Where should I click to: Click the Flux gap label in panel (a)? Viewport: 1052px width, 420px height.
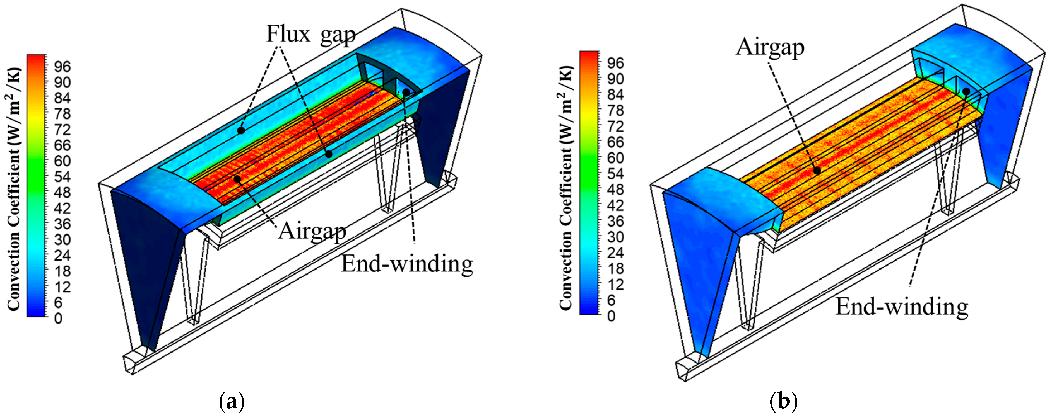coord(311,35)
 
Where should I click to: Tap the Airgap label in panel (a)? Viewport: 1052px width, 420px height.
coord(312,231)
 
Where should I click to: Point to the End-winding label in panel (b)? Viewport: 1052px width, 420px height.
coord(902,307)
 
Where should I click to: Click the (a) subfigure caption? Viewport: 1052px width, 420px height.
coord(232,401)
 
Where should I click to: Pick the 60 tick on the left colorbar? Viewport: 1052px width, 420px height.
coord(62,161)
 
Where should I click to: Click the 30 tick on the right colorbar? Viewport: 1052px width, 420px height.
coord(615,237)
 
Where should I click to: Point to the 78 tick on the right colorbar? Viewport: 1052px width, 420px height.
coord(615,110)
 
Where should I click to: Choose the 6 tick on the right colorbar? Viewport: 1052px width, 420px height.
coord(611,300)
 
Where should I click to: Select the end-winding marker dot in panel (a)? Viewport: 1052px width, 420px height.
coord(406,92)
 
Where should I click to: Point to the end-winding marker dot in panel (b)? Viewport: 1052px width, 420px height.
coord(966,91)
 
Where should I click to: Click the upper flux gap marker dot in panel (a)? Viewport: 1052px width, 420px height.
coord(241,131)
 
